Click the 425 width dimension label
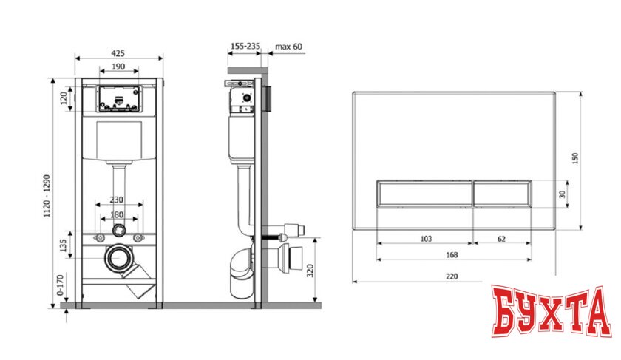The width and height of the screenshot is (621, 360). pos(118,53)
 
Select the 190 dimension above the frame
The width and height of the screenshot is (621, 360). pos(118,67)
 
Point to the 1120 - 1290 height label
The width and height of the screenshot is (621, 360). pos(47,196)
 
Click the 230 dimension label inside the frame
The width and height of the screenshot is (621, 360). pos(117,200)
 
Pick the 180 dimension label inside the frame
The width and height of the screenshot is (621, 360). pos(117,214)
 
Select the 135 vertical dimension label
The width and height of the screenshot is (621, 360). pos(63,245)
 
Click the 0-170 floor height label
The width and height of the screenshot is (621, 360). pos(60,285)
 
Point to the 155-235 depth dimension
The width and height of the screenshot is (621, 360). pos(245,46)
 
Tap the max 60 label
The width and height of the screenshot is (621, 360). pos(288,47)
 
